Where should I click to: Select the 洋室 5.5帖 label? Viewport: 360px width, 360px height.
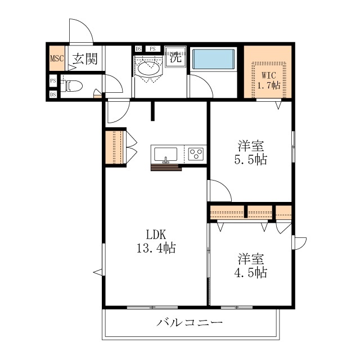(x=251, y=153)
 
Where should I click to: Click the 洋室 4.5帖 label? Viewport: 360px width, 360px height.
(x=251, y=266)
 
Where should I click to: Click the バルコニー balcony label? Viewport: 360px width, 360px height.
(x=190, y=323)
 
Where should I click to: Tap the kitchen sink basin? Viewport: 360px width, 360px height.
(x=165, y=153)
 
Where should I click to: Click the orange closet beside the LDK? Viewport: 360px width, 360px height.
(x=114, y=148)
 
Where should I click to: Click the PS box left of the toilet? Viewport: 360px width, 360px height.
(x=53, y=81)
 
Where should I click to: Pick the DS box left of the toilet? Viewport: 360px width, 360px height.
(x=53, y=94)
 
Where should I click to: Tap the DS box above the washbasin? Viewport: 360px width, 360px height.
(x=139, y=49)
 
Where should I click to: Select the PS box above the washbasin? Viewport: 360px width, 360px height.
(x=152, y=49)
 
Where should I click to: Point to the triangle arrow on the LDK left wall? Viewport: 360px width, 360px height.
(x=97, y=272)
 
